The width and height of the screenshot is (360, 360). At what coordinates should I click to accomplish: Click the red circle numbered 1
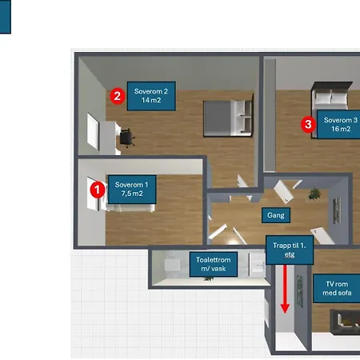point(98,190)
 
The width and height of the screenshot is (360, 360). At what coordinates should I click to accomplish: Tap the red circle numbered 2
point(118,96)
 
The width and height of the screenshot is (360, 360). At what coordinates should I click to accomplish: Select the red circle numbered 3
point(308,124)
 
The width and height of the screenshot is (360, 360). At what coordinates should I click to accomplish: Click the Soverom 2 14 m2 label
point(151,96)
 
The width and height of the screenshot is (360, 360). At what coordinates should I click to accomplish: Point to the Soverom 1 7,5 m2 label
point(132,189)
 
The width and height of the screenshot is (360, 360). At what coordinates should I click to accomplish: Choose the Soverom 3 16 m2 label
point(338,125)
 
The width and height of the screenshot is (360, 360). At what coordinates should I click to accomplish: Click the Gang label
point(276,215)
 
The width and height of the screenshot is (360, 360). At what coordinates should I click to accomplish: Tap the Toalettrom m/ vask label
point(214,264)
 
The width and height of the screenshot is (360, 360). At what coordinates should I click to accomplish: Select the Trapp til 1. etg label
point(290,250)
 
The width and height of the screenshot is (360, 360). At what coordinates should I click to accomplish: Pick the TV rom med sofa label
point(337,288)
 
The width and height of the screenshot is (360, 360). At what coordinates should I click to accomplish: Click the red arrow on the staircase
point(285,289)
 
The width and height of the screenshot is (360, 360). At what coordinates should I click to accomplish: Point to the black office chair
point(126,138)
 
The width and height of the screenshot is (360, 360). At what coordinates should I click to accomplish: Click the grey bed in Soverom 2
point(227,118)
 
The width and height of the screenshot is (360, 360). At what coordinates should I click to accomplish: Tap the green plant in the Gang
point(314,194)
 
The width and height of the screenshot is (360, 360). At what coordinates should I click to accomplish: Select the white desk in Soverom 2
point(110,138)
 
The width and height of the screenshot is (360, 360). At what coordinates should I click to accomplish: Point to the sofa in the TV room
point(345,322)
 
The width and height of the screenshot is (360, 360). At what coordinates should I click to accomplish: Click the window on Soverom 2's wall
point(93,131)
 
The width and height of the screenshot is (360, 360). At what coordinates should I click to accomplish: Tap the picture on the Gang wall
point(337,210)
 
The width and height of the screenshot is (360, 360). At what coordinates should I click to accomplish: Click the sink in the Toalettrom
point(257,264)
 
